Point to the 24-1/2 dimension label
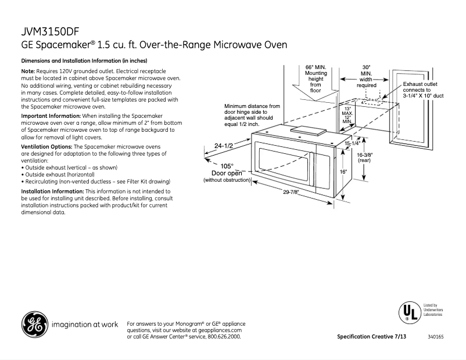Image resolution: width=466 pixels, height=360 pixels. (x=223, y=146)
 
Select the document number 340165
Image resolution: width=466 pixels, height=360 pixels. (x=435, y=337)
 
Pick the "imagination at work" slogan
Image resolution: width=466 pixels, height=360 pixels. (x=85, y=324)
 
